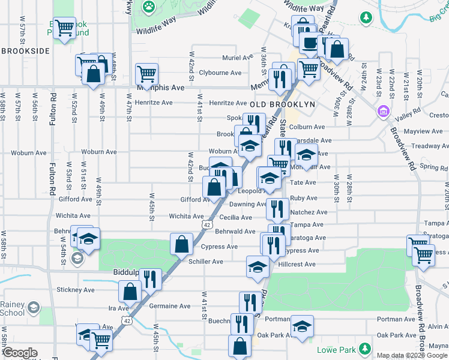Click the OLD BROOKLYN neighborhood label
[282, 104]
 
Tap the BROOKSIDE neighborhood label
[25, 51]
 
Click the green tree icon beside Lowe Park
[364, 349]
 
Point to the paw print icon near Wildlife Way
[148, 7]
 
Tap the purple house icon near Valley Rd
[383, 112]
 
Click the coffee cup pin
[310, 43]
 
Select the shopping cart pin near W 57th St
[64, 28]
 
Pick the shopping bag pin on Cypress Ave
[181, 244]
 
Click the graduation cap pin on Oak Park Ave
[302, 326]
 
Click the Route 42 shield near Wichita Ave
[206, 224]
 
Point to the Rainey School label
[13, 308]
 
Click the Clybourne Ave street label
[220, 73]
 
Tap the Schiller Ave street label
[206, 262]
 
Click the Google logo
[20, 353]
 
